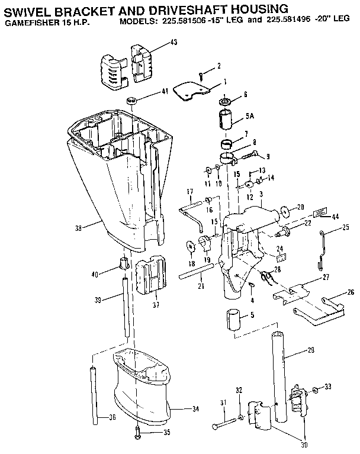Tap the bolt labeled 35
tap(137, 430)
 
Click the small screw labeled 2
tap(202, 73)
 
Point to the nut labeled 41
tap(133, 98)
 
